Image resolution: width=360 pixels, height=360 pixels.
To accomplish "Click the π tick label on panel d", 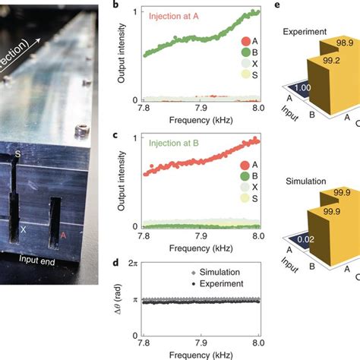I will [x=132, y=301].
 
